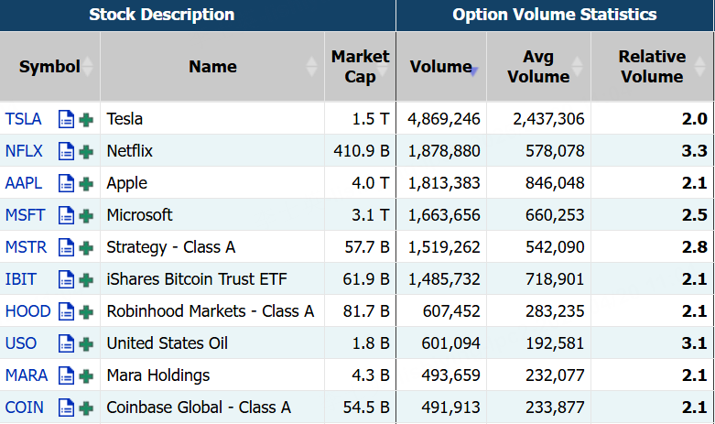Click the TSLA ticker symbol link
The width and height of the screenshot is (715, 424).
pyautogui.click(x=23, y=119)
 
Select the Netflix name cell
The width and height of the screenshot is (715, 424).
pyautogui.click(x=130, y=151)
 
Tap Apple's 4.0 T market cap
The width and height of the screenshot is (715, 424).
pyautogui.click(x=371, y=183)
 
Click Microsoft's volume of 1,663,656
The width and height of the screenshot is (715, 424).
pyautogui.click(x=444, y=215)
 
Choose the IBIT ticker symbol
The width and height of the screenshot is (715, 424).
pyautogui.click(x=21, y=279)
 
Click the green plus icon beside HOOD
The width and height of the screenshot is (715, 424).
pyautogui.click(x=86, y=311)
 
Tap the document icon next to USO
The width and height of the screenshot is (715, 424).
pyautogui.click(x=66, y=343)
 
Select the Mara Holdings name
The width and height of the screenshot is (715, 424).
pyautogui.click(x=158, y=375)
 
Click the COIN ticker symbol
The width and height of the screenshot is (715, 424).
pyautogui.click(x=24, y=408)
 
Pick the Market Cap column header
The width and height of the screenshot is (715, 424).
pyautogui.click(x=360, y=67)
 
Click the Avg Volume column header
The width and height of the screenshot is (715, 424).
pyautogui.click(x=537, y=67)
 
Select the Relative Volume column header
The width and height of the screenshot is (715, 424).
pyautogui.click(x=651, y=67)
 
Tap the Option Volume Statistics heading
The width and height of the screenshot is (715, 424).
pyautogui.click(x=555, y=15)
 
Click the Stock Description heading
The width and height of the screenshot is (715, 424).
pyautogui.click(x=161, y=15)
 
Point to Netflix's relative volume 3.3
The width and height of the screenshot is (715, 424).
pyautogui.click(x=695, y=151)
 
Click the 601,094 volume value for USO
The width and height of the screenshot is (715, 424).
pyautogui.click(x=451, y=343)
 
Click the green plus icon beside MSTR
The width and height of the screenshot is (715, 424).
pyautogui.click(x=86, y=247)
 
